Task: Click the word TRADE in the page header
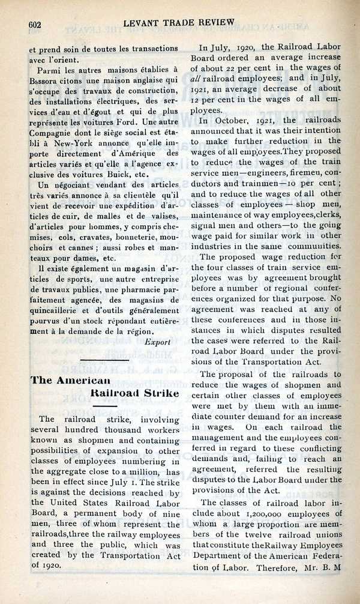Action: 171,22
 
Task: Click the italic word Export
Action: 158,342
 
